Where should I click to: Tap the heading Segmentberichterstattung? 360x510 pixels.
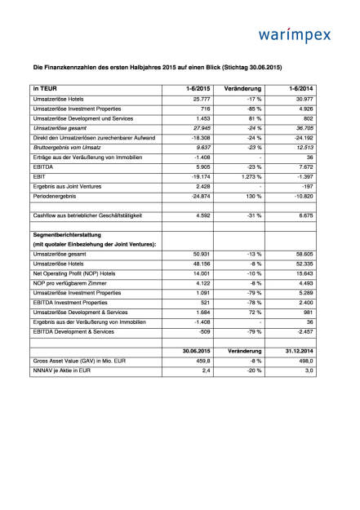pyautogui.click(x=73, y=233)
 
